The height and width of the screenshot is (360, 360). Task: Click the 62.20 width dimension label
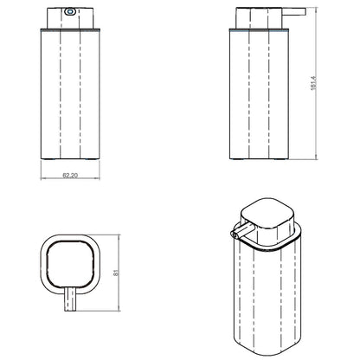[70, 175]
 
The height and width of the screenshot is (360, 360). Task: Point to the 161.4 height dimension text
[313, 83]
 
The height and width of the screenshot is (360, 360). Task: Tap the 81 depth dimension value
[116, 273]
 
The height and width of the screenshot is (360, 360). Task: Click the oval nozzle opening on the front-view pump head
[69, 12]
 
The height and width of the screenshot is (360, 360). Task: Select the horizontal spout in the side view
[293, 11]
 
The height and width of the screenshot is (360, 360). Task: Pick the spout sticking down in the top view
[70, 299]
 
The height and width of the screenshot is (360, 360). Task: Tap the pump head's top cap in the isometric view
[267, 213]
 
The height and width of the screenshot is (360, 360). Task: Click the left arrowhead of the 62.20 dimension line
[42, 178]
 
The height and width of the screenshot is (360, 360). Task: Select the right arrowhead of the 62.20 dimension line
[98, 178]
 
